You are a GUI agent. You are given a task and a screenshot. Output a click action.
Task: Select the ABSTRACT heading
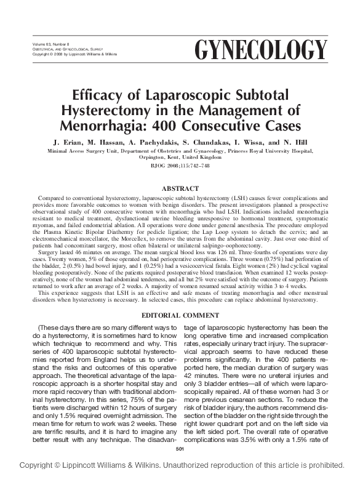click(x=180, y=188)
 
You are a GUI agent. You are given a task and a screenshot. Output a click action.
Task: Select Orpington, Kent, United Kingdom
click(x=180, y=158)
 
